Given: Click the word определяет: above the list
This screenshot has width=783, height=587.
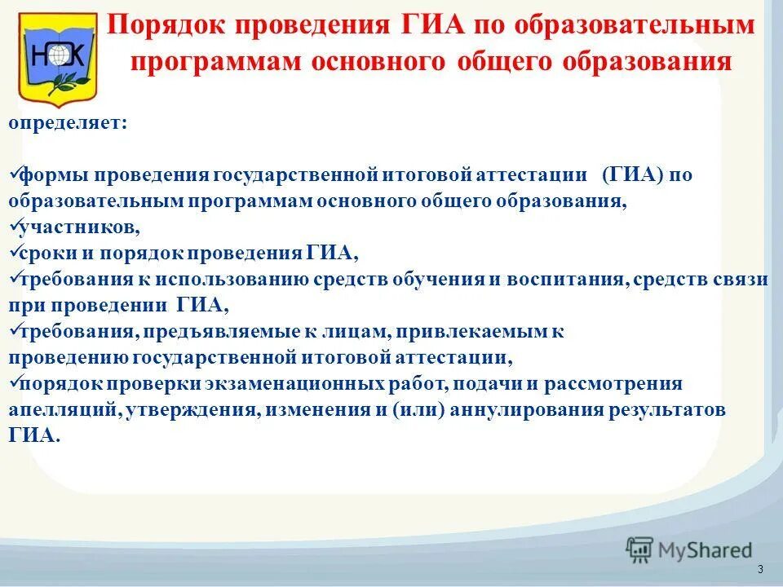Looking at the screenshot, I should pos(68,124).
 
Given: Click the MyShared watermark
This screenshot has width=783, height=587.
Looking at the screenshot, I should pos(690,549).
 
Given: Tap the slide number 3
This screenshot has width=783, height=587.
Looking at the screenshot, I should pos(760,569).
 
